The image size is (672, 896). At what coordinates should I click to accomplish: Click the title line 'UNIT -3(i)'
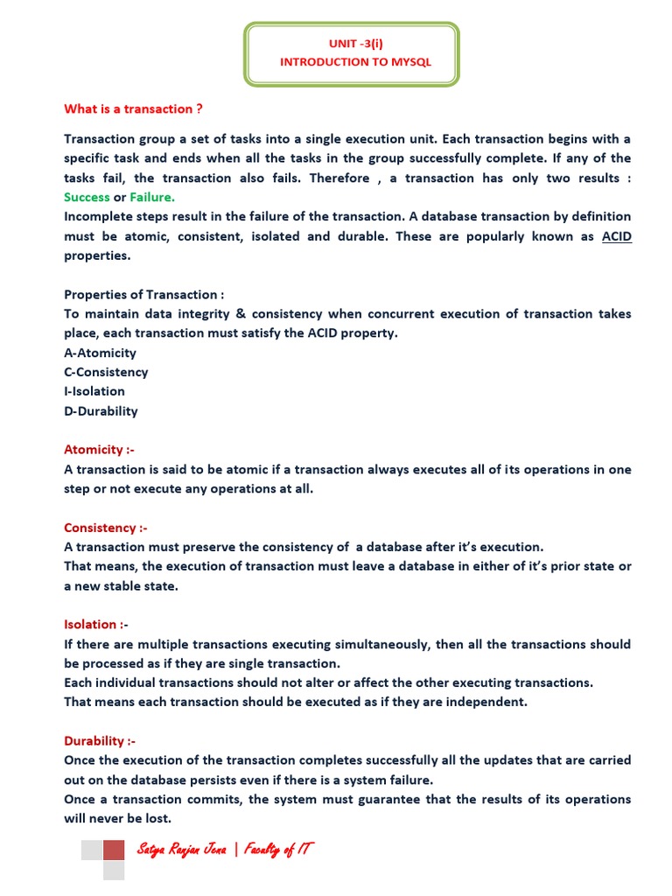coord(354,43)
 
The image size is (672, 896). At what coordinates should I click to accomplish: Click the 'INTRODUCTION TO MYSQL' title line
coord(355,62)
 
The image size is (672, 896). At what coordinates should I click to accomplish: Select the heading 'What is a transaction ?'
coord(134,108)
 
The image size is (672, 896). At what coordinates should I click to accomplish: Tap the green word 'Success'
coord(87,197)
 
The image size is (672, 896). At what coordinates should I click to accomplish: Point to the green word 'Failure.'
coord(152,197)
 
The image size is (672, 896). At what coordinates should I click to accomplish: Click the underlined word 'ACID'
coord(616,236)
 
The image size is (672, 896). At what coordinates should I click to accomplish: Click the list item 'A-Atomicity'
coord(100,353)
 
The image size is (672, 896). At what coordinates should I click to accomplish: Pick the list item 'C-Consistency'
coord(106,372)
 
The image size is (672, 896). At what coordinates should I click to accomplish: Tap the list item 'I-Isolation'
coord(94,391)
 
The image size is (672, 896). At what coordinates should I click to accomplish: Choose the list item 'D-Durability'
coord(101,410)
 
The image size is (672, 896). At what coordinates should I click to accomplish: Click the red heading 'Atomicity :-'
coord(99,450)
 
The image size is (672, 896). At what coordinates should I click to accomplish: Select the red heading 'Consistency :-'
coord(106,528)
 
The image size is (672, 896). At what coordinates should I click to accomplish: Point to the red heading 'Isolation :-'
coord(96,624)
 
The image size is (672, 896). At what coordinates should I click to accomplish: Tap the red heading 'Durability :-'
coord(100,740)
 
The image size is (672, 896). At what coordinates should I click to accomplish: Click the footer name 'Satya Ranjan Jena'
coord(181,850)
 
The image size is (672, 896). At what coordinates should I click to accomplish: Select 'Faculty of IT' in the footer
coord(279,850)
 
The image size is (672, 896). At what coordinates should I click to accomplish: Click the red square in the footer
coord(114,850)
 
